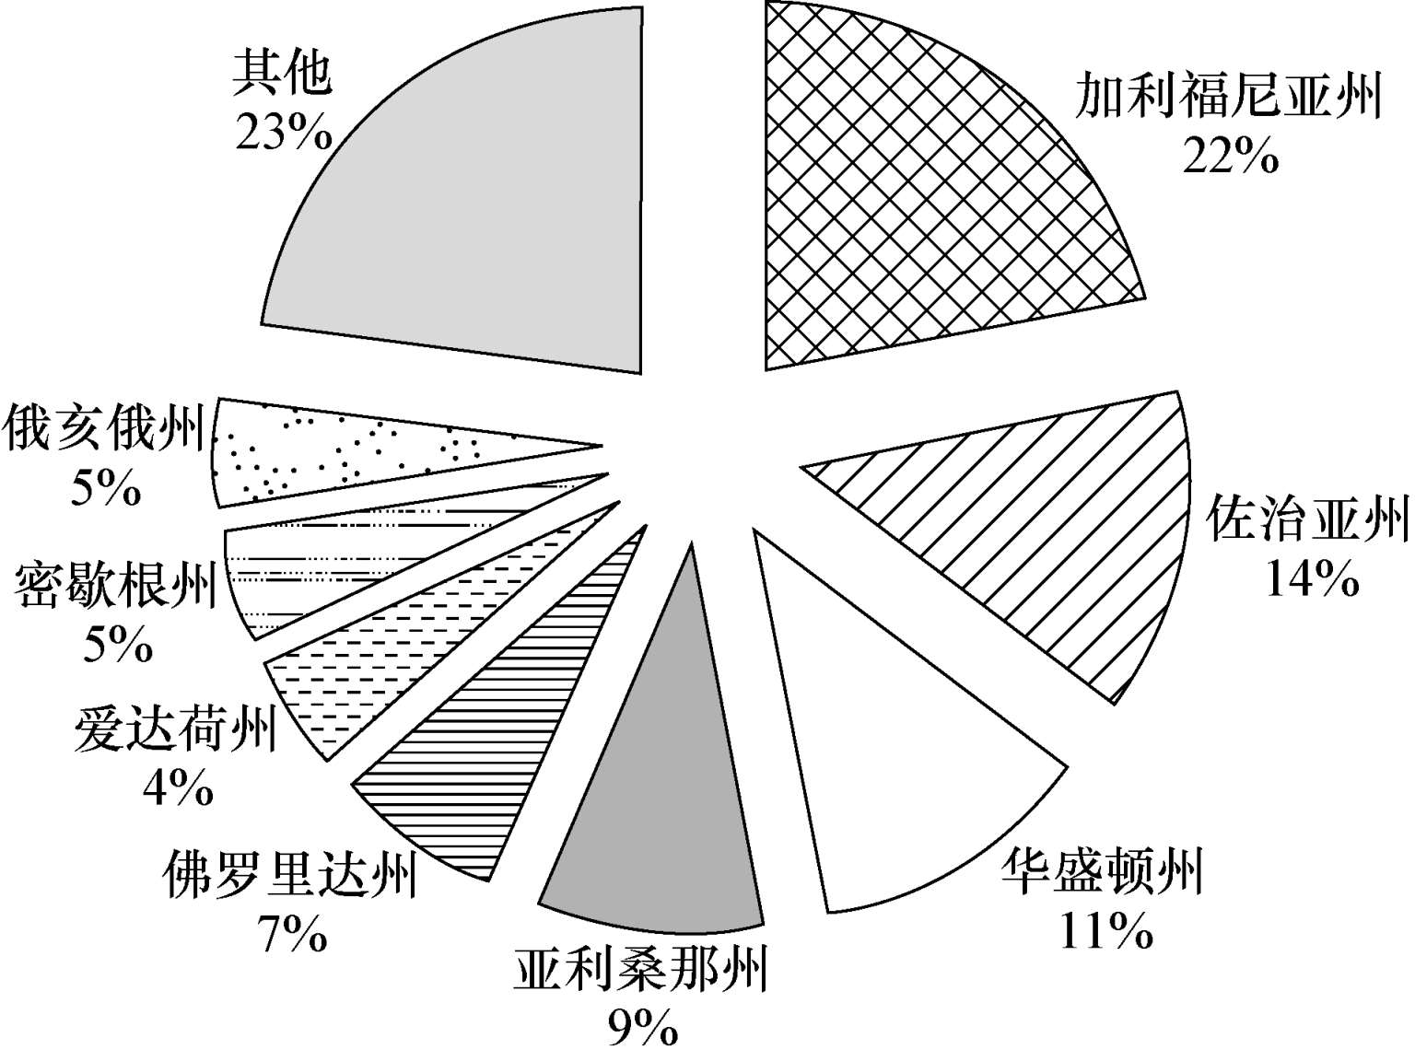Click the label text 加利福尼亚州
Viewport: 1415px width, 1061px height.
1231,97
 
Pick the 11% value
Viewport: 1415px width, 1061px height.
1105,932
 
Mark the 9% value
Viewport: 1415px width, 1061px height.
642,1029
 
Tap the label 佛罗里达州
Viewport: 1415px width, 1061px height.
288,875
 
